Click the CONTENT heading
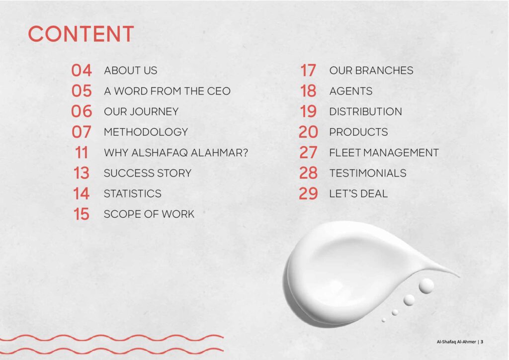(x=81, y=34)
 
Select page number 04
(x=82, y=71)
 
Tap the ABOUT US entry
(x=130, y=71)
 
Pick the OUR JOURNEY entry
(x=141, y=112)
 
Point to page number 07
(x=82, y=132)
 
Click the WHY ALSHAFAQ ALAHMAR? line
(x=175, y=153)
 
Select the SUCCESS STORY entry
(x=148, y=173)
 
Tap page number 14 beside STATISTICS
(x=82, y=194)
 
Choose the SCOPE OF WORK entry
(x=149, y=214)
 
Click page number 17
(x=308, y=71)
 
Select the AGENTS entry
(x=350, y=91)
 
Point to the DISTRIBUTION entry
(x=365, y=112)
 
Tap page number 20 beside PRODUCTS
(x=308, y=132)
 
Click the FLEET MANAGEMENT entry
(x=384, y=153)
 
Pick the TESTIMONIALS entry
(x=367, y=173)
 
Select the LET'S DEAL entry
(x=358, y=194)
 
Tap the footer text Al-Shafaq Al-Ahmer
(x=456, y=342)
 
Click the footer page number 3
(x=482, y=342)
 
